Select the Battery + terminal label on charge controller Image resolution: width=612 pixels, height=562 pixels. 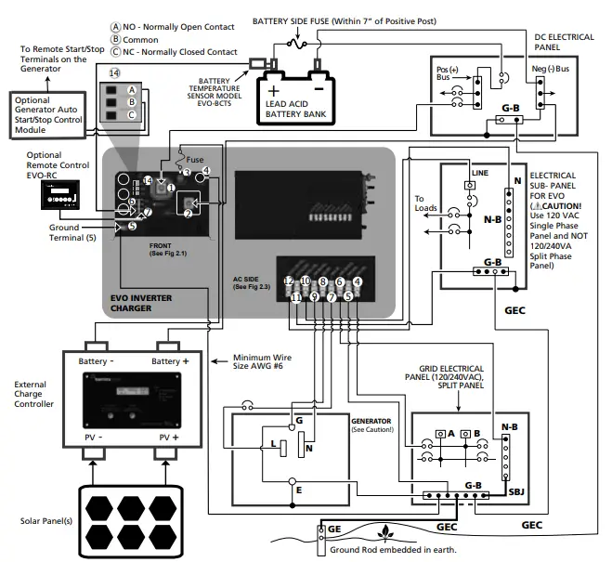click(x=175, y=359)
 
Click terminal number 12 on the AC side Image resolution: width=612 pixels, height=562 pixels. click(x=289, y=281)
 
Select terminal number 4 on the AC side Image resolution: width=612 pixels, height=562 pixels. click(x=358, y=281)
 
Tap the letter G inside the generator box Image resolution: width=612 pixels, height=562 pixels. click(x=298, y=421)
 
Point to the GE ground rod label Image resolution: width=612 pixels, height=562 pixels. click(x=334, y=529)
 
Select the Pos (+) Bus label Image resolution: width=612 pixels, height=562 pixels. click(x=448, y=74)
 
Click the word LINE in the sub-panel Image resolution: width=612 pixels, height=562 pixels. click(x=479, y=173)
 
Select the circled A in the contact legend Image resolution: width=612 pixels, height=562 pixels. click(x=116, y=27)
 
